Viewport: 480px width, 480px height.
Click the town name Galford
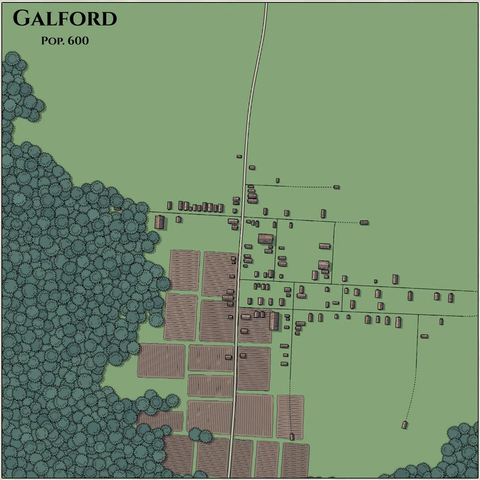point(65,18)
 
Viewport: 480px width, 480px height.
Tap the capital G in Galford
point(22,18)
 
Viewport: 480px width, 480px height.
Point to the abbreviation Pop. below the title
point(56,41)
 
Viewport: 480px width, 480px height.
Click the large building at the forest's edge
point(160,222)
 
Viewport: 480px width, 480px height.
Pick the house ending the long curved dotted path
point(405,425)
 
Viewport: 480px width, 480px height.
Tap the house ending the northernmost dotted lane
point(336,187)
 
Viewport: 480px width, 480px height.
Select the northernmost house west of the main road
point(239,156)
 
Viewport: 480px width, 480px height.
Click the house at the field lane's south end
point(291,436)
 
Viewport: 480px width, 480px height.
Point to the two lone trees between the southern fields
point(199,434)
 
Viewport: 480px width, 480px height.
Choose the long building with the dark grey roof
point(274,321)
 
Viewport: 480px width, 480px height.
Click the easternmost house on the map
point(450,297)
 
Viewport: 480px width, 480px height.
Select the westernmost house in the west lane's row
point(169,206)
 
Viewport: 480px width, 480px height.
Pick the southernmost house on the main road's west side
point(229,356)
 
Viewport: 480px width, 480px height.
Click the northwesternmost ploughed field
point(184,270)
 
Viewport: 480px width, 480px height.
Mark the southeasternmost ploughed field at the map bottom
point(296,459)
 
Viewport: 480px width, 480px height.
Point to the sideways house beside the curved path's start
point(424,336)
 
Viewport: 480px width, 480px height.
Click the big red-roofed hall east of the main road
point(266,238)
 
